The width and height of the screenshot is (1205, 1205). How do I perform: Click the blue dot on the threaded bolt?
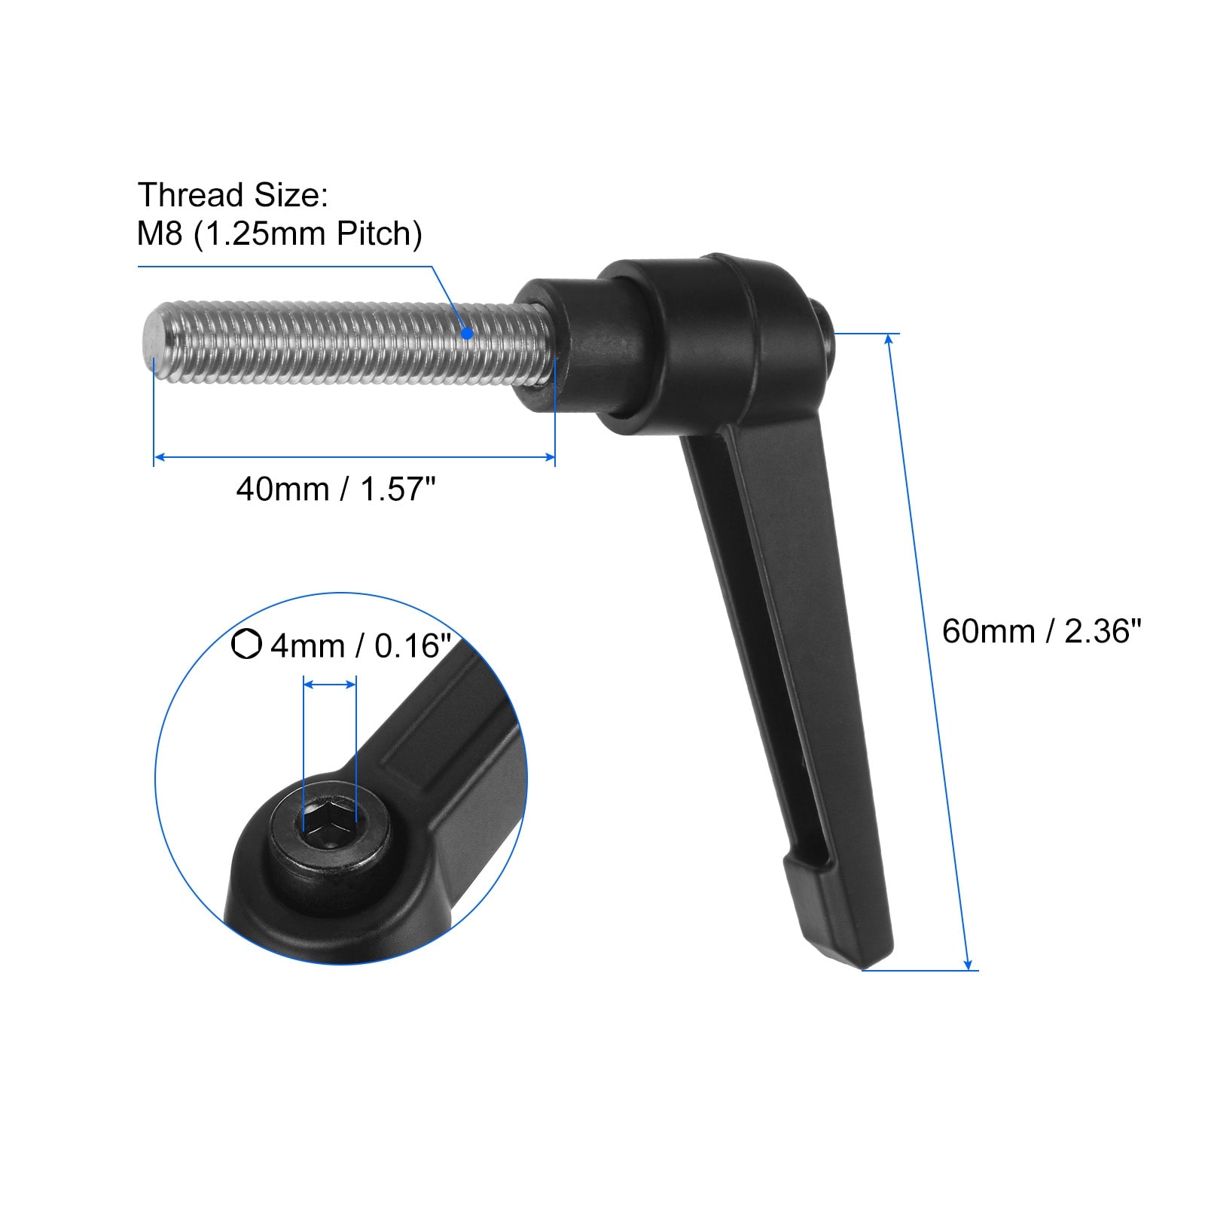[467, 333]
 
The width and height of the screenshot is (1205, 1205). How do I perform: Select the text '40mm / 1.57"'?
[336, 490]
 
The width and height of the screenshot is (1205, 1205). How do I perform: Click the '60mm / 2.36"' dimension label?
[1042, 631]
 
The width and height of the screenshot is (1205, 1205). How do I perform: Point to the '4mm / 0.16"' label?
[361, 646]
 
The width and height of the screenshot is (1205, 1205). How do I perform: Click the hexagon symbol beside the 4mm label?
[246, 645]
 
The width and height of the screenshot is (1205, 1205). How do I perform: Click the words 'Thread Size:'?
[233, 195]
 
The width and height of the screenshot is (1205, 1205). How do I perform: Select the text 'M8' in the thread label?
[160, 234]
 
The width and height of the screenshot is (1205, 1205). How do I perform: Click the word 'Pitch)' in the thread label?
[379, 235]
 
